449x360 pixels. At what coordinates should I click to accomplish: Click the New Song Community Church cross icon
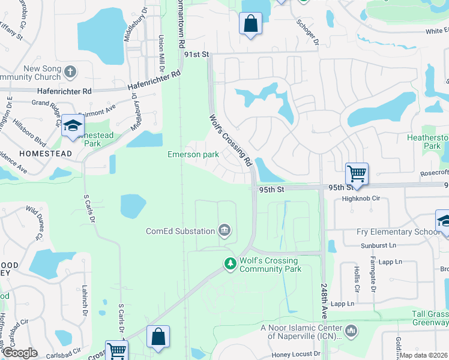(x=70, y=73)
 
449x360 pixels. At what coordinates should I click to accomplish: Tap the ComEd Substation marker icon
(x=224, y=230)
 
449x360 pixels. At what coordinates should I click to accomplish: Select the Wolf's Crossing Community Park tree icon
(x=230, y=263)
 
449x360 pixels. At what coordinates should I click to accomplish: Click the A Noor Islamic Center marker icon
(x=351, y=329)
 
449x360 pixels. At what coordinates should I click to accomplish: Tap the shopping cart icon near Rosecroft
(x=357, y=173)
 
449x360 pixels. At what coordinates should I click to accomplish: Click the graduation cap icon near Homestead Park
(x=73, y=125)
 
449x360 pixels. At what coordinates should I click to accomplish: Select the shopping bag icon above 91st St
(x=250, y=24)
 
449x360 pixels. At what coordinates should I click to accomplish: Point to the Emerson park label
(x=193, y=154)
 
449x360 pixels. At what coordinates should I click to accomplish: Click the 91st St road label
(x=196, y=54)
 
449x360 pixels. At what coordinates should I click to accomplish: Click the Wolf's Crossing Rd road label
(x=230, y=141)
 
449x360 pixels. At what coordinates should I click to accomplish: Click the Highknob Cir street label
(x=361, y=198)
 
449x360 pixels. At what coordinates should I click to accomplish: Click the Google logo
(x=19, y=353)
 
